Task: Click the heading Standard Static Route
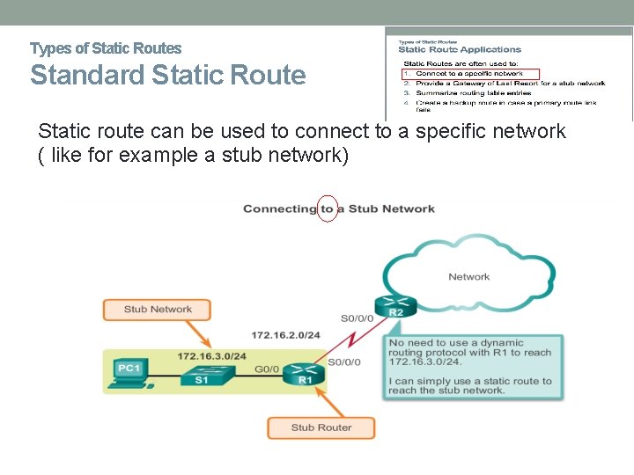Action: coord(168,76)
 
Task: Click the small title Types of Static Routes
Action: coord(106,48)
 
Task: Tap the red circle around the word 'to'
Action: coord(327,209)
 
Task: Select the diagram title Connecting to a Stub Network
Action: coord(338,209)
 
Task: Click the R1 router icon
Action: coord(305,374)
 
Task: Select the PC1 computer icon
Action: coord(129,371)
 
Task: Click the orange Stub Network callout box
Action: coord(158,310)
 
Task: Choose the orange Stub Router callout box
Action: coord(321,427)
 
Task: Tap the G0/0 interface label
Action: coord(266,369)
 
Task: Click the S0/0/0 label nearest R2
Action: coord(356,318)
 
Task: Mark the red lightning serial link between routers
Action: coord(356,340)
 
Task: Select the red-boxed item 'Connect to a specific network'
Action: coord(471,73)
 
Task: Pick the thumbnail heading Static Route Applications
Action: coord(460,50)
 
